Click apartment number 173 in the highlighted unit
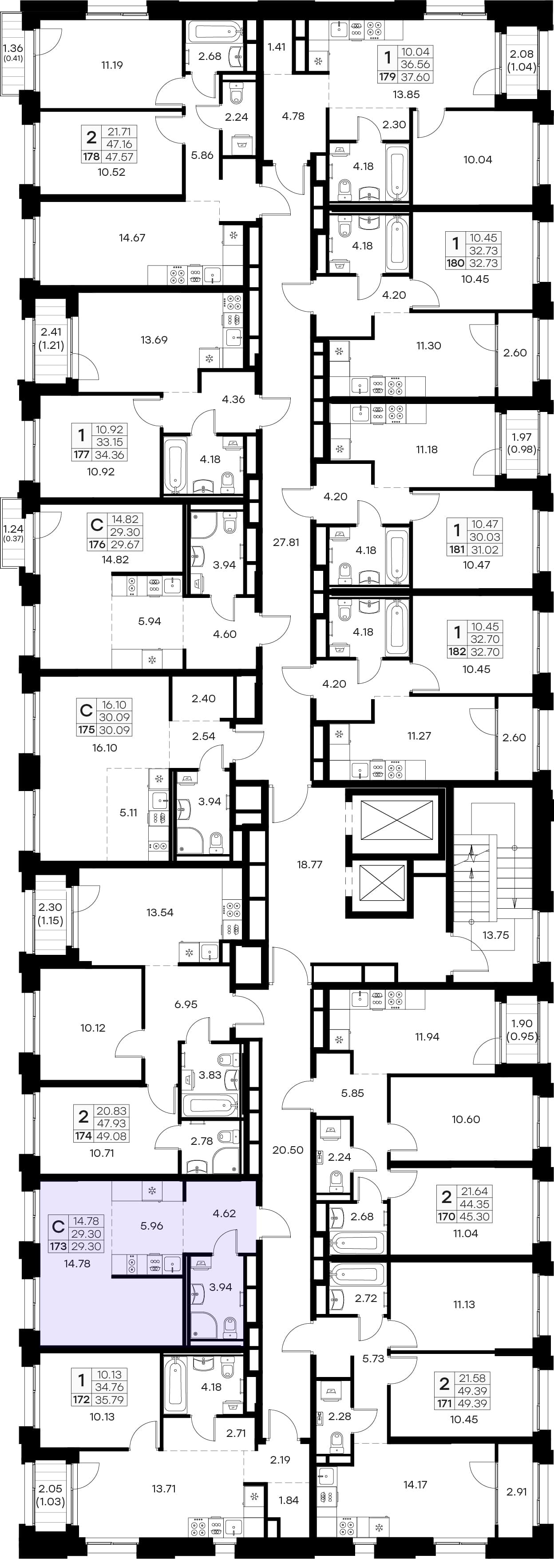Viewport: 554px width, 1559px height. tap(58, 1246)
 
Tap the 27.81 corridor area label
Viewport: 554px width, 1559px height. tap(286, 542)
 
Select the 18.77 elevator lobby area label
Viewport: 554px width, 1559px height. tap(309, 864)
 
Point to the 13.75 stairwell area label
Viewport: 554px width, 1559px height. tap(495, 935)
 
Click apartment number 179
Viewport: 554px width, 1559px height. tap(388, 77)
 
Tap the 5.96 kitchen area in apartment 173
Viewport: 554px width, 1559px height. tap(152, 1226)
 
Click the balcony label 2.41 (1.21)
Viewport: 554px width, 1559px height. tap(52, 339)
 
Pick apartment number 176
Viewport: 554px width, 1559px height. tap(97, 544)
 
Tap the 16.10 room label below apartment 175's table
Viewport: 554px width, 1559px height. tap(105, 748)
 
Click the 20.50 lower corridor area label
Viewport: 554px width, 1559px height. tap(288, 1150)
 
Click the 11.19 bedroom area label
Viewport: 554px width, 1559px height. tap(112, 65)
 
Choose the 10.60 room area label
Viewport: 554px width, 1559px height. tap(466, 1120)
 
